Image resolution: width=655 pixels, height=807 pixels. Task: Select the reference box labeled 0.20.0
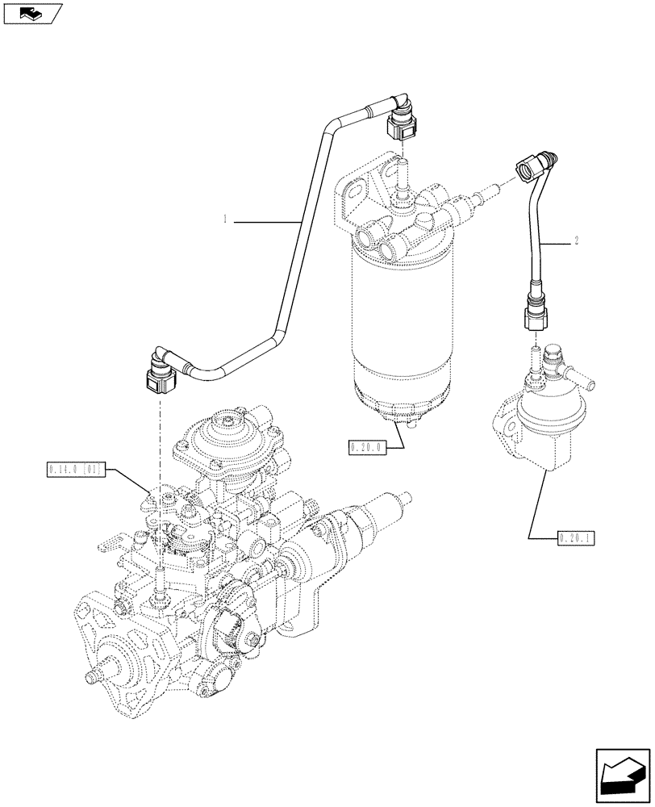pyautogui.click(x=367, y=446)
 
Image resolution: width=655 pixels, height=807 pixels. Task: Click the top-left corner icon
pyautogui.click(x=32, y=13)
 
